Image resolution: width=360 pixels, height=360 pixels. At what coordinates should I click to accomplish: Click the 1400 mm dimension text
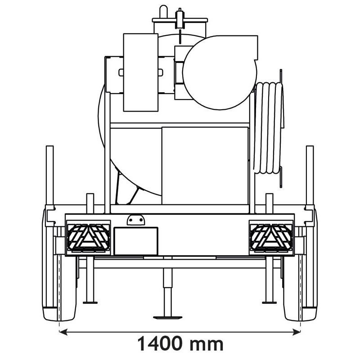pyautogui.click(x=180, y=344)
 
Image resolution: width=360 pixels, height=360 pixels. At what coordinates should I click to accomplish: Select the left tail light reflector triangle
pyautogui.click(x=89, y=236)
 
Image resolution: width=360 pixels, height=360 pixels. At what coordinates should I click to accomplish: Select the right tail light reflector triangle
pyautogui.click(x=271, y=236)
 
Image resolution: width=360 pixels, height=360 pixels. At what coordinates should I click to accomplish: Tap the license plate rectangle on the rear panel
pyautogui.click(x=135, y=241)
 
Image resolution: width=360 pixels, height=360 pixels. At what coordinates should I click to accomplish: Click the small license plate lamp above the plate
pyautogui.click(x=135, y=220)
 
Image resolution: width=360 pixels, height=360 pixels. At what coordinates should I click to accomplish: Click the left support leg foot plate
pyautogui.click(x=90, y=301)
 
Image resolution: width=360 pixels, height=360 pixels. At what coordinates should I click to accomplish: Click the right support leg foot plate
pyautogui.click(x=270, y=301)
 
